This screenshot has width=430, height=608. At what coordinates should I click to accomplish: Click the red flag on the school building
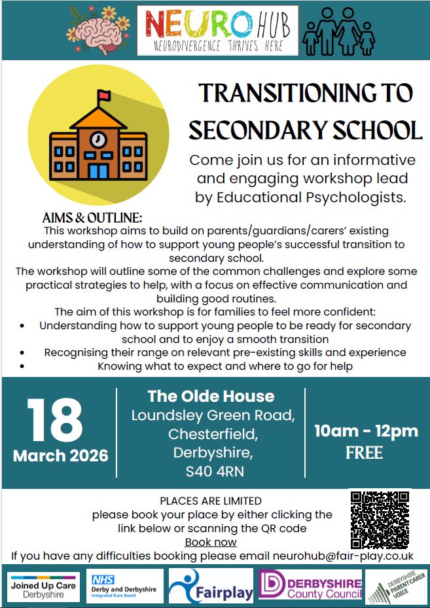pos(103,97)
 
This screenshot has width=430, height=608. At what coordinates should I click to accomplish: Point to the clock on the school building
pos(98,139)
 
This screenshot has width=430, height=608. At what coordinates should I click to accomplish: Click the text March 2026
pos(61,456)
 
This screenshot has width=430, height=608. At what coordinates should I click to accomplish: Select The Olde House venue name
pos(211,396)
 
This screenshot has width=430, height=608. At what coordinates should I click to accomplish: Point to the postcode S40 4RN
pos(211,471)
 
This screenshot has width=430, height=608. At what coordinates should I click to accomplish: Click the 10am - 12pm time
pos(366,431)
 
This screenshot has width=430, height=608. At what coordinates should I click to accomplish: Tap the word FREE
pos(364,453)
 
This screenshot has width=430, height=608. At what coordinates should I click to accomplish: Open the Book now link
pos(211,542)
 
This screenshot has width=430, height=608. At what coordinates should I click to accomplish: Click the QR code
pos(379,519)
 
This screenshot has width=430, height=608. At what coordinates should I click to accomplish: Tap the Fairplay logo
pos(211,586)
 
